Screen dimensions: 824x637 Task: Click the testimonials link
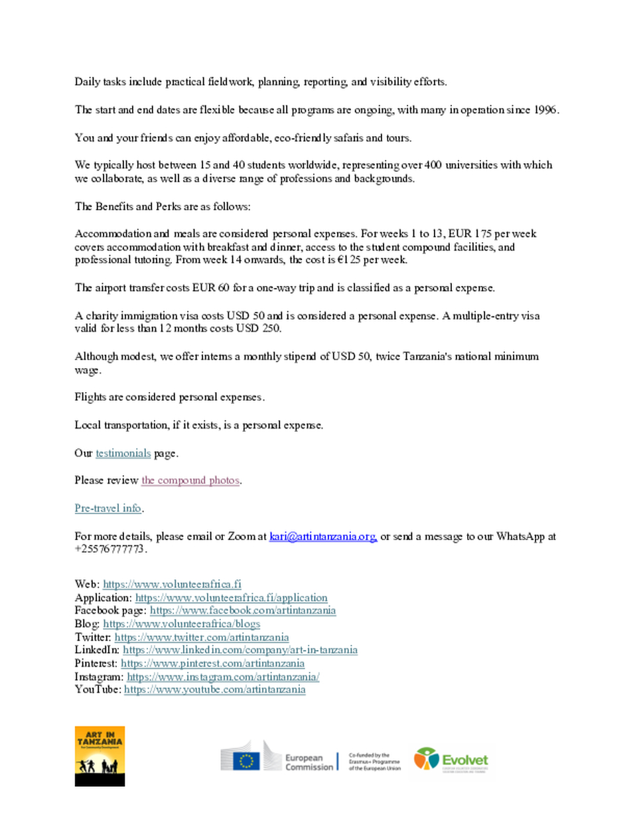(123, 453)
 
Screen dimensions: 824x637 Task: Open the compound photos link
(190, 480)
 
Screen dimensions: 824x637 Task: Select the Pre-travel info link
(107, 508)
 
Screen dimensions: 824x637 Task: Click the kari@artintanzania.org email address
(322, 536)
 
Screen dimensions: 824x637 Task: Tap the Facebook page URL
(242, 610)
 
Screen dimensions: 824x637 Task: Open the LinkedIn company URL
(240, 650)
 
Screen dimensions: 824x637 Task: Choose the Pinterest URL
(212, 663)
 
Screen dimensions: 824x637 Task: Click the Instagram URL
(223, 677)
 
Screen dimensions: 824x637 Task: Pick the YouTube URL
(214, 689)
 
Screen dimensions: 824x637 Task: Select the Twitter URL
(201, 637)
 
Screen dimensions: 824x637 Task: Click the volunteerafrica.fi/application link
(231, 598)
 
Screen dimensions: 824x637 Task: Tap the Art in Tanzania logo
(100, 756)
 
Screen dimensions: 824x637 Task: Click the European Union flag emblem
(246, 760)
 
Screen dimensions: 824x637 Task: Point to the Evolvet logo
(451, 760)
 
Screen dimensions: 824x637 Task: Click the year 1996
(545, 109)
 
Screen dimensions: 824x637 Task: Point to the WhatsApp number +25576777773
(110, 549)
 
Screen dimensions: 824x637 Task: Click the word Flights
(90, 397)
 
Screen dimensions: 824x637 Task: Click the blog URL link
(181, 624)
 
